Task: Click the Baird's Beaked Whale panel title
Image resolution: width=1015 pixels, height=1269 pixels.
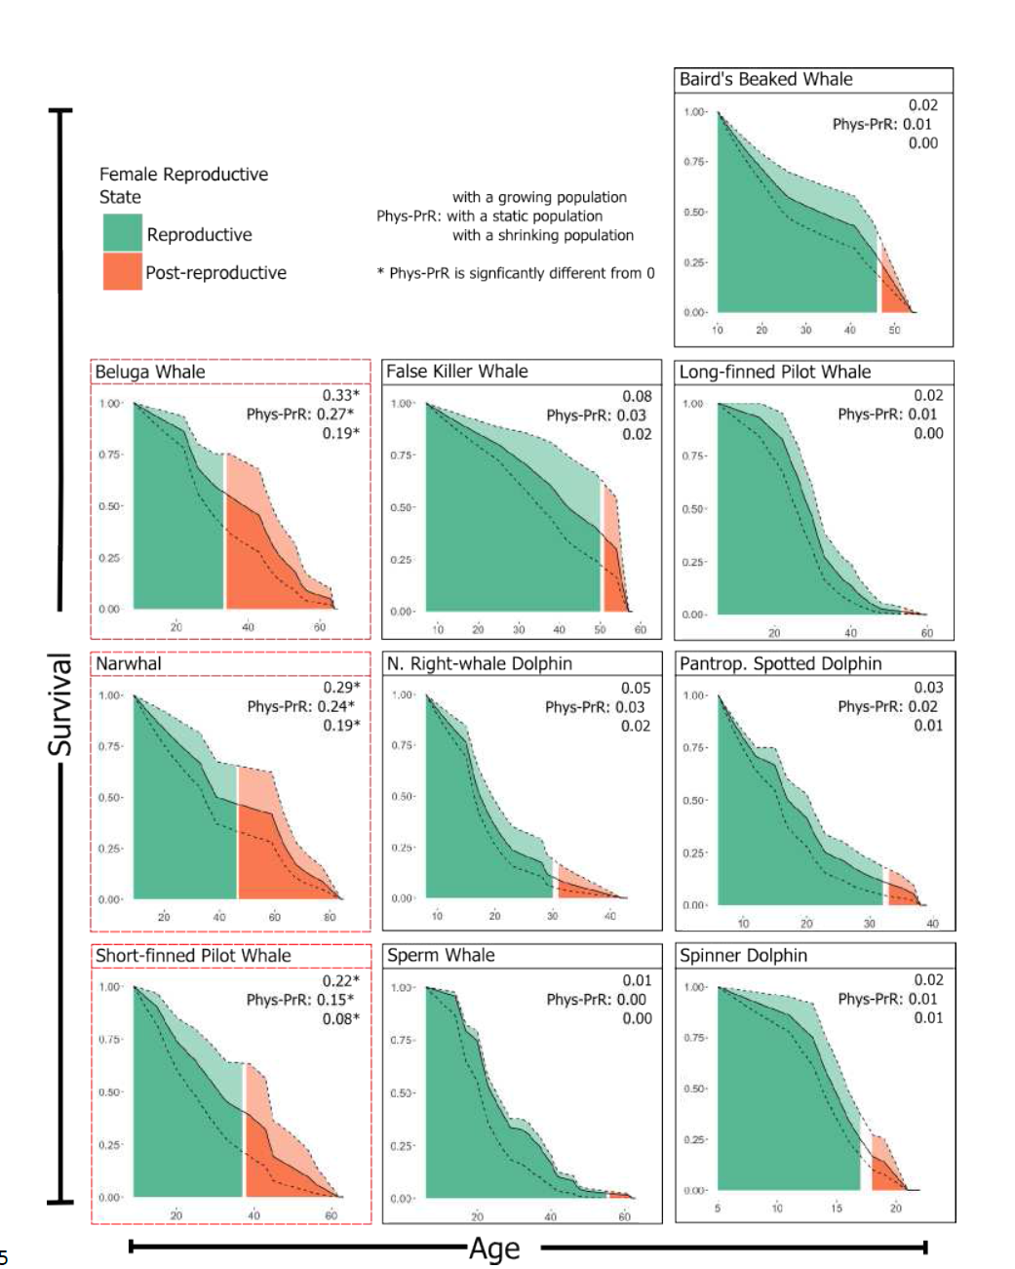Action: click(x=765, y=80)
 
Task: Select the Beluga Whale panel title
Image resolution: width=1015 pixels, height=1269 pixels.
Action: click(x=150, y=372)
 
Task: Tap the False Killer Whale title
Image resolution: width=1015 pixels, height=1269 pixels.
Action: click(x=456, y=372)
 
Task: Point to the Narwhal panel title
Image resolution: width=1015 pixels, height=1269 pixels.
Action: click(x=129, y=663)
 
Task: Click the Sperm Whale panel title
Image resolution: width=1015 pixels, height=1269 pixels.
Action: click(x=441, y=955)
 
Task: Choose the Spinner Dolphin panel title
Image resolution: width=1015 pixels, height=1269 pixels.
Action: click(x=743, y=955)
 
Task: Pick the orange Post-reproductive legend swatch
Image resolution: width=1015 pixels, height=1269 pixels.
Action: click(x=123, y=272)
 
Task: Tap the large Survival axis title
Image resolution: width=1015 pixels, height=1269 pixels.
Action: click(x=60, y=704)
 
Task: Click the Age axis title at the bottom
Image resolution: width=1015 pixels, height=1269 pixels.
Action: click(x=494, y=1249)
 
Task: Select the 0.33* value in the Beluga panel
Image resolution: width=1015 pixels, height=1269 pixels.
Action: click(x=340, y=395)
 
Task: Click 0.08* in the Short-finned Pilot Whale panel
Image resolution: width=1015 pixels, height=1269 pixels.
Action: click(x=340, y=1018)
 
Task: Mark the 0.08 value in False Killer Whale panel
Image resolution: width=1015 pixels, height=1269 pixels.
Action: click(x=637, y=396)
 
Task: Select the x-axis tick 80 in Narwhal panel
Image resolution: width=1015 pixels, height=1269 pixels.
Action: click(x=330, y=917)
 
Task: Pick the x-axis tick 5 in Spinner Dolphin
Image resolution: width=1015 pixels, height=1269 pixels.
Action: click(x=717, y=1208)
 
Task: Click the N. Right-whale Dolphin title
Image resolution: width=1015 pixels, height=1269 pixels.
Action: click(x=479, y=663)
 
